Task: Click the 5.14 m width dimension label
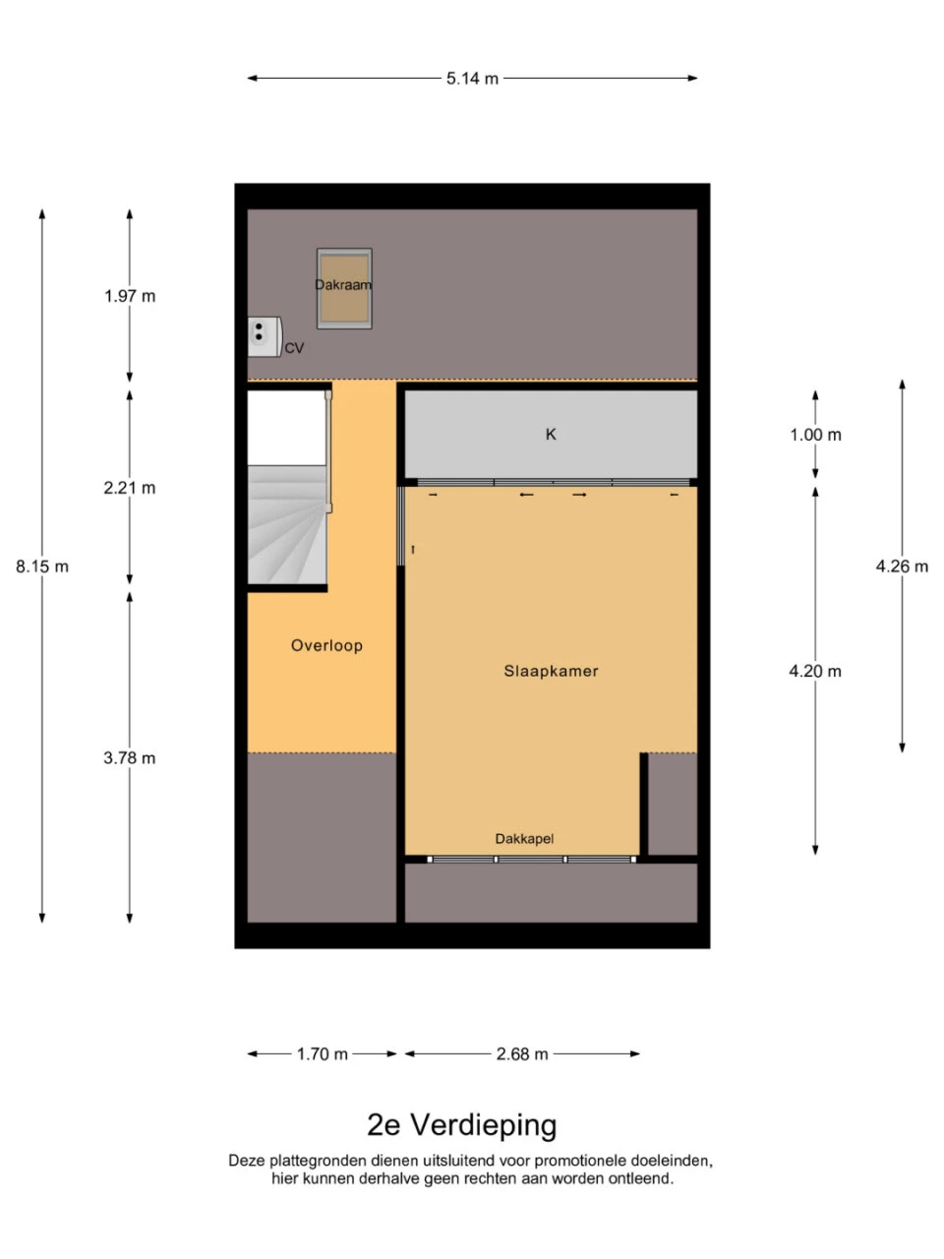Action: tap(472, 79)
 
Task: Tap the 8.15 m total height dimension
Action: tap(42, 567)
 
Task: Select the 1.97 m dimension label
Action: tap(130, 296)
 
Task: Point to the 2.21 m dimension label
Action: tap(130, 488)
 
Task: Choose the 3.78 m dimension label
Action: tap(130, 757)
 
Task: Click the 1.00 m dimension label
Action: tap(815, 435)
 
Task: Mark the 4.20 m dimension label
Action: tap(815, 671)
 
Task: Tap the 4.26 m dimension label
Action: tap(902, 567)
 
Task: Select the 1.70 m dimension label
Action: tap(323, 1053)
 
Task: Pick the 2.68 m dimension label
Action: tap(522, 1053)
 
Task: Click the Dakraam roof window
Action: tap(344, 288)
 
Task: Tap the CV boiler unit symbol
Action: tap(265, 336)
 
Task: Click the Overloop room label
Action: tap(326, 645)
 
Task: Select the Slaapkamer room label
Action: tap(551, 671)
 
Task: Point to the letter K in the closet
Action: tap(551, 434)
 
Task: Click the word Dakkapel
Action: tap(524, 839)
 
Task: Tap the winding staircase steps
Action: tap(287, 525)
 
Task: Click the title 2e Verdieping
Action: tap(462, 1125)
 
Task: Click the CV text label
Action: tap(294, 348)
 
